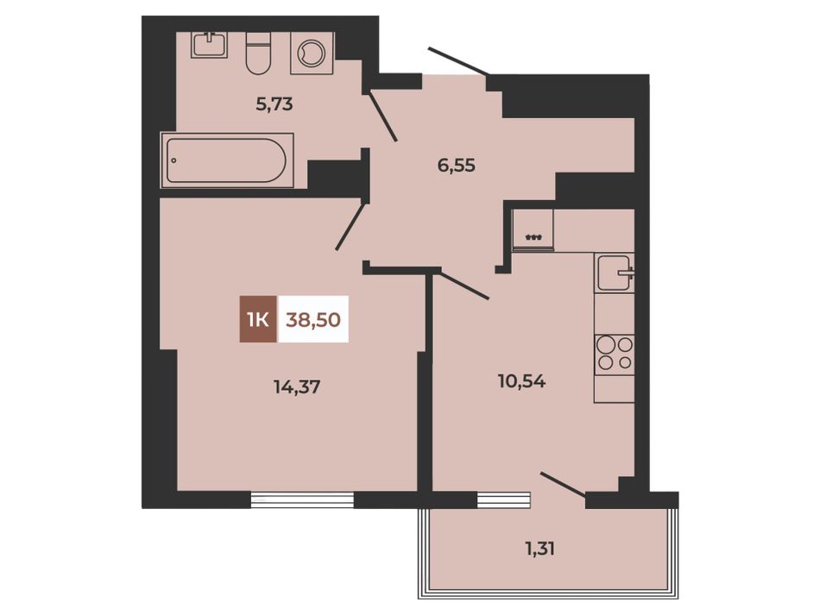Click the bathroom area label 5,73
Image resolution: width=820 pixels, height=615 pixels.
tap(274, 104)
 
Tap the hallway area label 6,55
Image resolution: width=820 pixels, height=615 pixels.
tap(456, 166)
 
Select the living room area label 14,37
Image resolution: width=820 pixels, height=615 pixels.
tap(297, 386)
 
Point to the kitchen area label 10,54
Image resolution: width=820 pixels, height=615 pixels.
tap(522, 381)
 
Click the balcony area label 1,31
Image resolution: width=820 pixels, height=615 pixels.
tap(539, 549)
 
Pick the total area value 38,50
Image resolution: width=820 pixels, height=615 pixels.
tap(313, 319)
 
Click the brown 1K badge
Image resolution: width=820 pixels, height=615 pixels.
tap(259, 319)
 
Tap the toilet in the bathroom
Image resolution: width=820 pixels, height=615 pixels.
tap(258, 53)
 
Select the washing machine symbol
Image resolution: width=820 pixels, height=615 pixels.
tap(312, 53)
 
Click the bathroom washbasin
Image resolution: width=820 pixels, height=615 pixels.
tap(210, 44)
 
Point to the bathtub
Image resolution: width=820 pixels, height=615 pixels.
tap(227, 160)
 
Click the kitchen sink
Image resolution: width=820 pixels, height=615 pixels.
tap(615, 273)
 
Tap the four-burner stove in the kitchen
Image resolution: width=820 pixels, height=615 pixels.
tap(615, 354)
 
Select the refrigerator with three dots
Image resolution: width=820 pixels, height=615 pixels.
tap(533, 230)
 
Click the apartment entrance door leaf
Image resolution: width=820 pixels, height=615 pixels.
tap(458, 60)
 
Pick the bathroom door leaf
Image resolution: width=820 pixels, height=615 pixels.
tap(383, 116)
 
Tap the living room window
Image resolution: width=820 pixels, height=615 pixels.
tap(303, 499)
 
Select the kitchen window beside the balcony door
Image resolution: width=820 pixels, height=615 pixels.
tap(504, 499)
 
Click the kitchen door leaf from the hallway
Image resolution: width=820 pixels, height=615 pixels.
tap(464, 284)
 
